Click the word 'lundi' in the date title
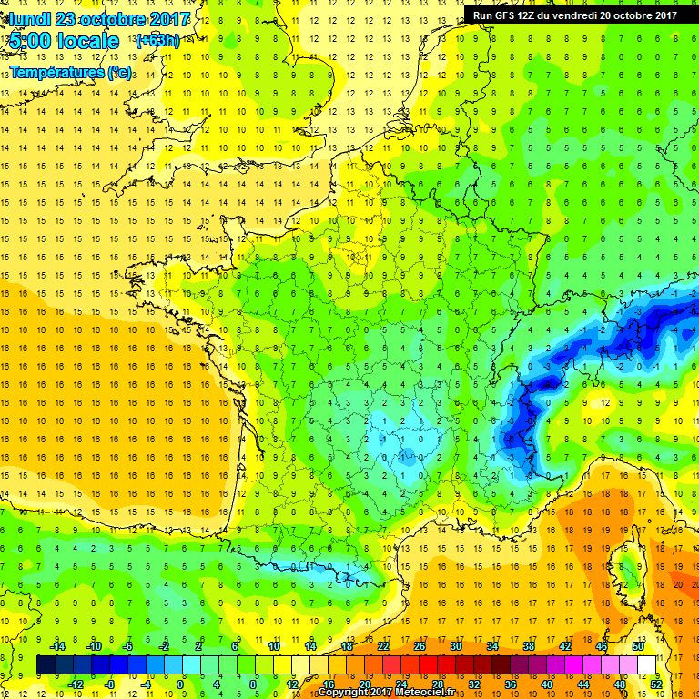click(30, 19)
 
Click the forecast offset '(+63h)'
click(157, 40)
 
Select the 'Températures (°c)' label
click(69, 71)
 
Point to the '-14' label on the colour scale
click(56, 646)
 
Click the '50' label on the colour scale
click(638, 646)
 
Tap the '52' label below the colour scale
click(655, 684)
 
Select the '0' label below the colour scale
click(180, 684)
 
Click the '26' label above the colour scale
click(420, 646)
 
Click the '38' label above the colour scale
click(529, 646)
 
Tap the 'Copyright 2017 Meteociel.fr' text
click(386, 693)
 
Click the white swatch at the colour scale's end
click(647, 665)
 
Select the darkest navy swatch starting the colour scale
click(46, 665)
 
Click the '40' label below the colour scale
click(546, 684)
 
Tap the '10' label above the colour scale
click(274, 646)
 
